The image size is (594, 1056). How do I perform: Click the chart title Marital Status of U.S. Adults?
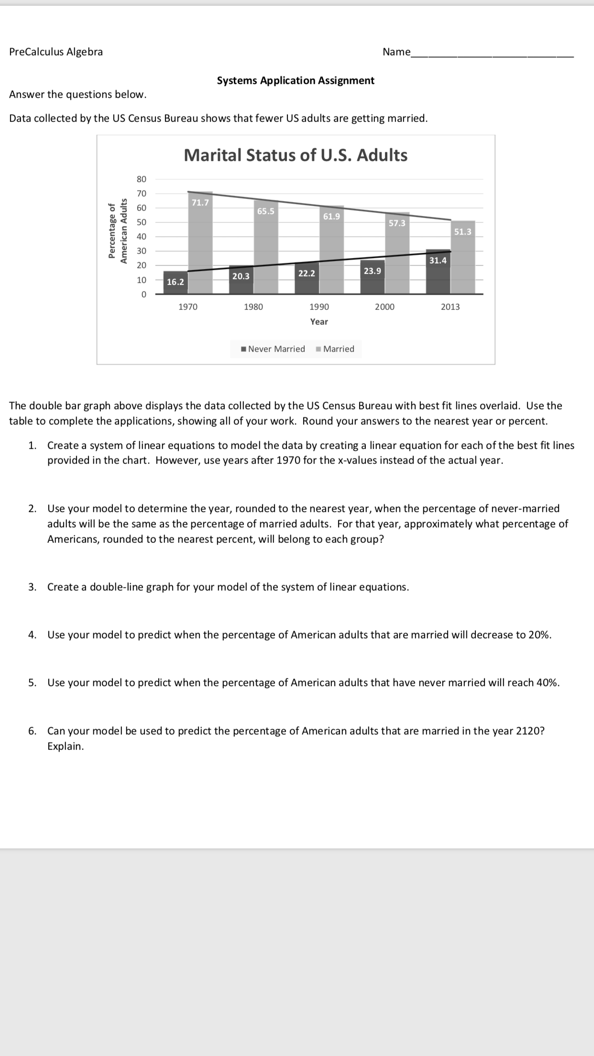(296, 155)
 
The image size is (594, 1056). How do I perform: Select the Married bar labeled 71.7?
(200, 249)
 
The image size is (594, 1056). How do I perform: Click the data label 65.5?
(265, 211)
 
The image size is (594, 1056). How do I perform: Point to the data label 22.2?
(307, 273)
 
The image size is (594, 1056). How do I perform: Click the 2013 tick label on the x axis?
(450, 307)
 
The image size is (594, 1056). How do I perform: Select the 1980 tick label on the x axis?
(253, 307)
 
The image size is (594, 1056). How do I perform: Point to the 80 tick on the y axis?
(142, 179)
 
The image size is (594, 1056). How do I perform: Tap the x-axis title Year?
(319, 321)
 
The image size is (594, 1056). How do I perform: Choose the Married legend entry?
(335, 349)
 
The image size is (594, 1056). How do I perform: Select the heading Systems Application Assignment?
(296, 80)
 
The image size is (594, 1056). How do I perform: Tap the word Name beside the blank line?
(396, 52)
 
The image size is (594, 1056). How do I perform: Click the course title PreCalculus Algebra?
(56, 52)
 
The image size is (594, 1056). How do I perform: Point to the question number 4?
(32, 635)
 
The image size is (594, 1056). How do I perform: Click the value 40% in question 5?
(547, 682)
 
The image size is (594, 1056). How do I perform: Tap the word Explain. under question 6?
(66, 746)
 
